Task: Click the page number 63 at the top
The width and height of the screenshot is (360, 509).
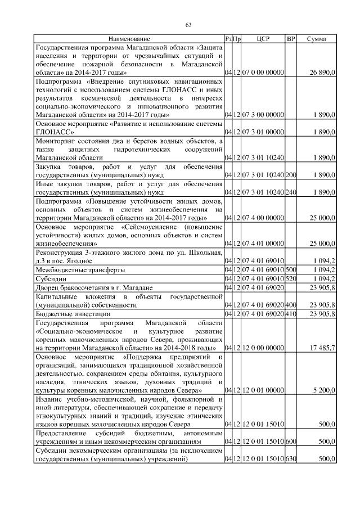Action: tap(188, 24)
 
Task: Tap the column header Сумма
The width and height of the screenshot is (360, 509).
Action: tap(318, 39)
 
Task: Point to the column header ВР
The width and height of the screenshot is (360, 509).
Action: tap(291, 39)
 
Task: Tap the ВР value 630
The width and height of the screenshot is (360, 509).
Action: tap(291, 459)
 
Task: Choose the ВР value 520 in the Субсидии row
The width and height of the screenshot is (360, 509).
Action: tap(291, 278)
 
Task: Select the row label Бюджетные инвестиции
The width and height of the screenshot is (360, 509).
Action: tap(70, 313)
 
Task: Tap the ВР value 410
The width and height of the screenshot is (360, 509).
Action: tap(291, 313)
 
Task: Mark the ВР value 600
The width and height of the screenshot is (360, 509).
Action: tap(291, 442)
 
